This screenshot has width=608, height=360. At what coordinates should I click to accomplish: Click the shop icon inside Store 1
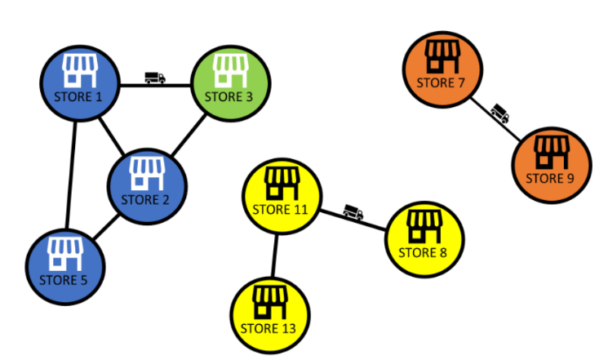tap(80, 70)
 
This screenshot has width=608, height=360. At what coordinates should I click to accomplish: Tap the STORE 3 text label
tap(229, 97)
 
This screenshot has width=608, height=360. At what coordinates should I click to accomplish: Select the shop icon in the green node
tap(230, 71)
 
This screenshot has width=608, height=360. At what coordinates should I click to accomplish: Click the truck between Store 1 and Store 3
tap(155, 78)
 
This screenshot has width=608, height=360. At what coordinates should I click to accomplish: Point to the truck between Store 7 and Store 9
tap(500, 113)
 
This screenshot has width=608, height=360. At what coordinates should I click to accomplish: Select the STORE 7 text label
tap(440, 82)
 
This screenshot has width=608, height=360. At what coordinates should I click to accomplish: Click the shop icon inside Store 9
tap(550, 153)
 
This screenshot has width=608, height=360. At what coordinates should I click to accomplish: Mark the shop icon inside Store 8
tap(424, 226)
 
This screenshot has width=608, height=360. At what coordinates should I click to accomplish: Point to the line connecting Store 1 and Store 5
tap(70, 176)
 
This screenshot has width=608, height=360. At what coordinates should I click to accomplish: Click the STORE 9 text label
tap(550, 179)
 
